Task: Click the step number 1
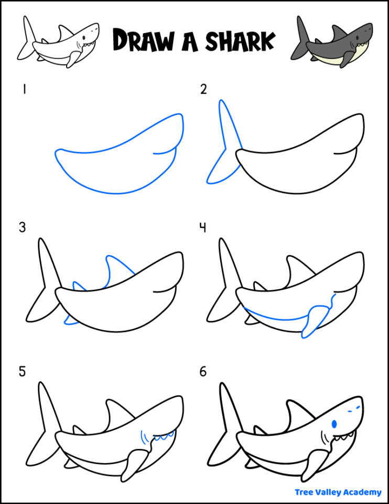24,90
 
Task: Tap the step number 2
203,90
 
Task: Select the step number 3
23,228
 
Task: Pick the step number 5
23,372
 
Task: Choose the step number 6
203,372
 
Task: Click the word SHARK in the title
238,40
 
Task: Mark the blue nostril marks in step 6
355,407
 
